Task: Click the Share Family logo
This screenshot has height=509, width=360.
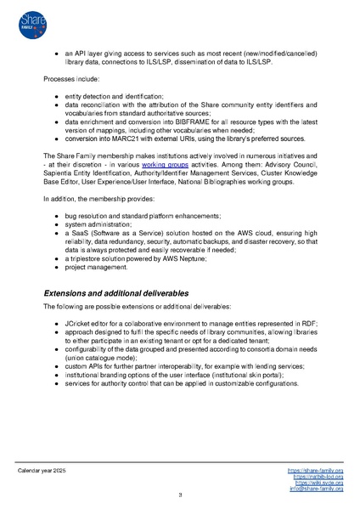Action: point(29,22)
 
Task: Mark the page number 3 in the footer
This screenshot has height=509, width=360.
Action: point(179,495)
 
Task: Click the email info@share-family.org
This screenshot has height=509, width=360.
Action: point(316,489)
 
